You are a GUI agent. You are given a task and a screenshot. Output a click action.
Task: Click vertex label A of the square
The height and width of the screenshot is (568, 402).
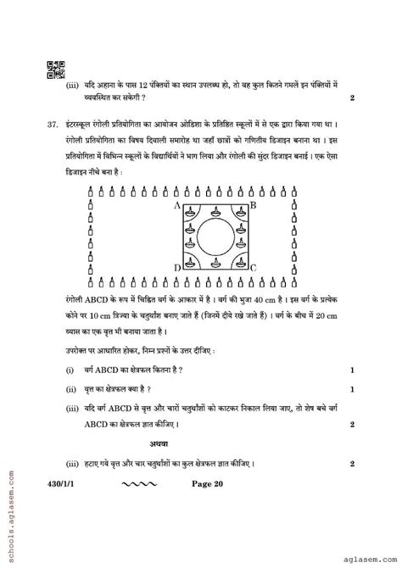pos(176,205)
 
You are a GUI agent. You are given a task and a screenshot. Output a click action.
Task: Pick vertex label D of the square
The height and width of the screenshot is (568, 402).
pos(176,268)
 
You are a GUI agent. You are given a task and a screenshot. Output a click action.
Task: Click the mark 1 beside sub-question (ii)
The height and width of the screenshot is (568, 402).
pos(352,389)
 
